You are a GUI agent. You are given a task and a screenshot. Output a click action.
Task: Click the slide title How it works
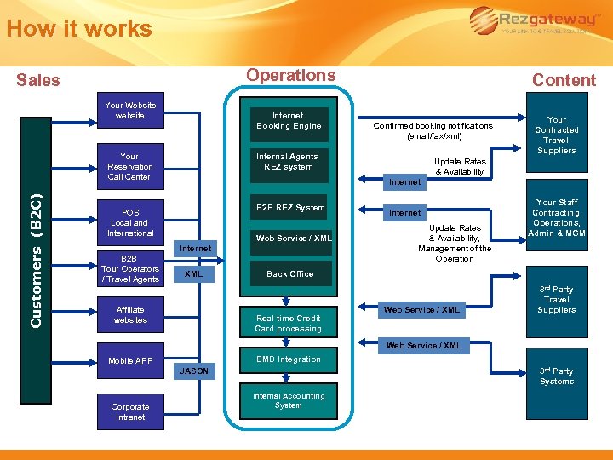pos(78,29)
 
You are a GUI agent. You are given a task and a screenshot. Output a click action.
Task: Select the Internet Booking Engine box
pos(289,121)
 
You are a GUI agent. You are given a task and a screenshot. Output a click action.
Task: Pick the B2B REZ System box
pos(289,208)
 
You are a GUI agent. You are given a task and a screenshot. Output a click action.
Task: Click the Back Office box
pos(289,274)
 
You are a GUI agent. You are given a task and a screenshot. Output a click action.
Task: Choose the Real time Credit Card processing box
pos(289,324)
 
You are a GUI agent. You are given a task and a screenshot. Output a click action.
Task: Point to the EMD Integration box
pos(289,359)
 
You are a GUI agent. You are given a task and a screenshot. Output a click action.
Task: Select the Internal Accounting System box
pos(288,400)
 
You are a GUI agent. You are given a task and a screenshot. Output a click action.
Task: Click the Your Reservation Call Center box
pos(129,167)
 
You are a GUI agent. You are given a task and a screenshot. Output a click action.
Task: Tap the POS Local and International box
pos(130,223)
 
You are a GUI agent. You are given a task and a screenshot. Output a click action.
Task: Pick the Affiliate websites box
pos(130,315)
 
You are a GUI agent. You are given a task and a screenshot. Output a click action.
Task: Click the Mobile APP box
pos(130,361)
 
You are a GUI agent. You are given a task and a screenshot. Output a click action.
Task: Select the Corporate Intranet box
pos(130,412)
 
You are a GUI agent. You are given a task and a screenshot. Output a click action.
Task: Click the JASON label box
pos(193,371)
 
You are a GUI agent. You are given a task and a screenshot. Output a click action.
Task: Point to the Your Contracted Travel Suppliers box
pos(556,135)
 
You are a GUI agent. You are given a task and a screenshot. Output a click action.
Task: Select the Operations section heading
pos(290,75)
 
